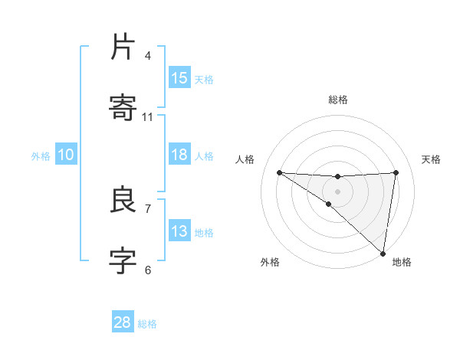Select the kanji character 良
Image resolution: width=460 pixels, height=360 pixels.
click(123, 201)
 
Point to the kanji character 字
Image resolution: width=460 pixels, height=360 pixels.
click(123, 261)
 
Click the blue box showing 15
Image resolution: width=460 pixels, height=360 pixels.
click(179, 78)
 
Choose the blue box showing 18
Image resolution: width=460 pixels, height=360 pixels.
click(179, 155)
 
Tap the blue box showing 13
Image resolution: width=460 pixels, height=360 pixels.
click(179, 231)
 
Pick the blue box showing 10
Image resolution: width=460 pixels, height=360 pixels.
click(66, 155)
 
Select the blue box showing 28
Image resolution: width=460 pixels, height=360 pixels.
click(123, 322)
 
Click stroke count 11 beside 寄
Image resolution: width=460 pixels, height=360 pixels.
click(148, 117)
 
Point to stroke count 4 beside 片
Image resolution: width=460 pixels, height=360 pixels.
click(148, 56)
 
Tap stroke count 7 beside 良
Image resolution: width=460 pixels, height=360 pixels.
click(148, 208)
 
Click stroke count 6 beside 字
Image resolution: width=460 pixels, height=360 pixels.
click(148, 270)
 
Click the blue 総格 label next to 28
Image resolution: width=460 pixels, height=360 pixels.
click(147, 324)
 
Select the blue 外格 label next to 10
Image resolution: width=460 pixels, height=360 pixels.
click(41, 156)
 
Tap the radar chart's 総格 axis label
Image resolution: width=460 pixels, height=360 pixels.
click(338, 100)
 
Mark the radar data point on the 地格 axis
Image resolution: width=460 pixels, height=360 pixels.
click(383, 253)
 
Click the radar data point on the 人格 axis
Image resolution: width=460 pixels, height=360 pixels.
click(280, 172)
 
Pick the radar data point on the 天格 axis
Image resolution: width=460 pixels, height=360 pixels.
click(396, 172)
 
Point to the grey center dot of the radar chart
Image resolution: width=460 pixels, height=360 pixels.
click(338, 191)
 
